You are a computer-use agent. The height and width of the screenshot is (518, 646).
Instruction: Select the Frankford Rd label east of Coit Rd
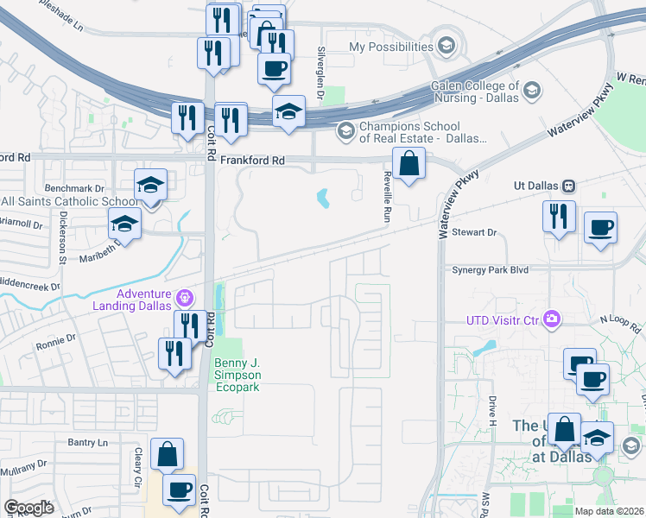tap(252, 161)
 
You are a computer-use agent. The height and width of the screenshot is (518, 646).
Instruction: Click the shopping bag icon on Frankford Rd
tap(408, 163)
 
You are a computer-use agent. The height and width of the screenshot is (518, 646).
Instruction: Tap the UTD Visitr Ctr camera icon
tap(552, 321)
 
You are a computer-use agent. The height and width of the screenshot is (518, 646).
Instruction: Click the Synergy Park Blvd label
tap(490, 269)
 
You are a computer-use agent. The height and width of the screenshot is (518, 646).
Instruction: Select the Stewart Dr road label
tap(481, 232)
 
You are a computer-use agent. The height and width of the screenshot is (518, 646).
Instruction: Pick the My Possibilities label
tap(391, 47)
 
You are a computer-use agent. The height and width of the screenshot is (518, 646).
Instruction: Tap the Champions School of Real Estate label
tap(422, 132)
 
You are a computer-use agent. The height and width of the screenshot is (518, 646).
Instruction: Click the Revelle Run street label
tap(388, 197)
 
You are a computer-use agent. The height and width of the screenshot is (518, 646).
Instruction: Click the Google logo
tap(29, 508)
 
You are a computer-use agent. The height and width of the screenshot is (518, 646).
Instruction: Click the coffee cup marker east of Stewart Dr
tap(600, 230)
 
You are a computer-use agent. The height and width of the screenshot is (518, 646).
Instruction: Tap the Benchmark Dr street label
tap(74, 187)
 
